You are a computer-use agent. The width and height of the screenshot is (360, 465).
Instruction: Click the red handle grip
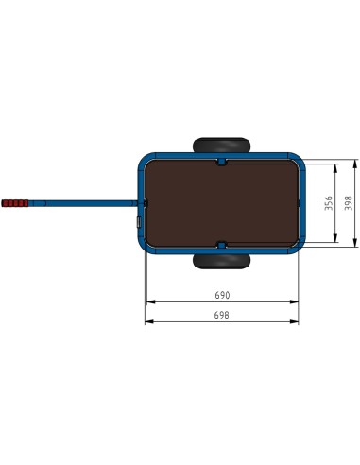16,203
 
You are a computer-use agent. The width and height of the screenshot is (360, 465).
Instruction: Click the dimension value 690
222,295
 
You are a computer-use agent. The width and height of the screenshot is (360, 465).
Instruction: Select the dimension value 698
222,314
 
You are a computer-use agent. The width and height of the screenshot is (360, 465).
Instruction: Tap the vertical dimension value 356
328,203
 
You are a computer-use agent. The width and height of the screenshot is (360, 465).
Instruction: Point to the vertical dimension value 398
348,203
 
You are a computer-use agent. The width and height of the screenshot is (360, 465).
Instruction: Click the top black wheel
221,145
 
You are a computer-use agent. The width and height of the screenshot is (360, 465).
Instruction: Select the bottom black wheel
221,262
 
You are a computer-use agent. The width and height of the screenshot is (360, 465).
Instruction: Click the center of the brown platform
221,203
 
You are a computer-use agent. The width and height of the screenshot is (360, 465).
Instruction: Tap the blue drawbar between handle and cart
85,202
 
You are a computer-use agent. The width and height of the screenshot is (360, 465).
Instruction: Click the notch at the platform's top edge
221,163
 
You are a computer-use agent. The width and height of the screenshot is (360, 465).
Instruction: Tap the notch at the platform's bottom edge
221,244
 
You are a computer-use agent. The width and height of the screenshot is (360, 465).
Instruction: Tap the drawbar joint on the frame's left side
144,203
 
